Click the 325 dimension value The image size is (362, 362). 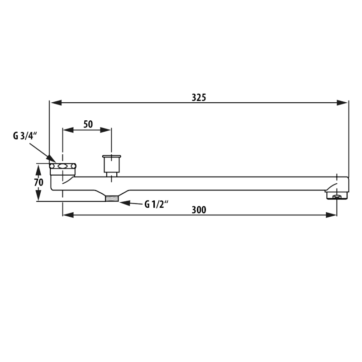tap(199, 98)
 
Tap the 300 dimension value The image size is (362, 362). tap(199, 210)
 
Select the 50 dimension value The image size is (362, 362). tap(88, 124)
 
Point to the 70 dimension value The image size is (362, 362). tap(38, 182)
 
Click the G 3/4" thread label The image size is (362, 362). tap(25, 136)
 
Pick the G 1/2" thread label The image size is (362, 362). tap(156, 204)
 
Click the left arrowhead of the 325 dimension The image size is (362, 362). tap(56, 103)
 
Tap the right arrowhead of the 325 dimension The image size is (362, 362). tap(342, 103)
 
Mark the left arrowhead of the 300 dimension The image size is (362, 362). tap(68, 215)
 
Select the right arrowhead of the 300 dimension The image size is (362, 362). tap(331, 215)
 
